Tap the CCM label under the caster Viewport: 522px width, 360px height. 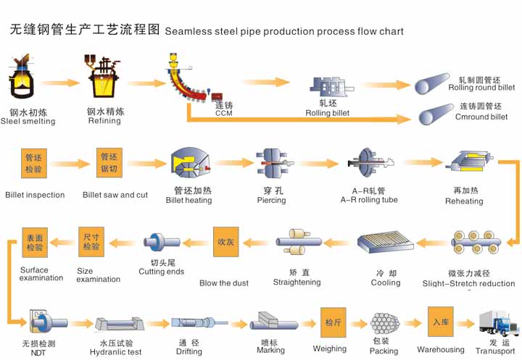(224, 113)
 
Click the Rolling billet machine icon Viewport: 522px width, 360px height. (328, 87)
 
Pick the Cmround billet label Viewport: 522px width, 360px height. (482, 117)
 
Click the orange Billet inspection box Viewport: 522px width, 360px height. (33, 163)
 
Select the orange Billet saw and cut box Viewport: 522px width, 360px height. (108, 163)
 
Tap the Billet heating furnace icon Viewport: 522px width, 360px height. (189, 165)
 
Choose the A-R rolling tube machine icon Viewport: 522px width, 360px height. (369, 164)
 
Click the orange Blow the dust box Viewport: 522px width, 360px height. (225, 242)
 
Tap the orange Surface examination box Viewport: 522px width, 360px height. (35, 243)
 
